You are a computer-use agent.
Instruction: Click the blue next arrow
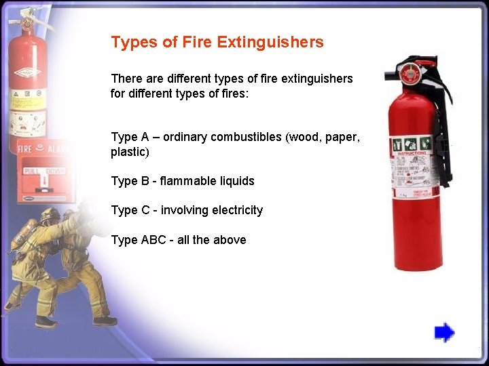[x=444, y=333]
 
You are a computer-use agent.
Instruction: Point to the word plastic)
[x=130, y=152]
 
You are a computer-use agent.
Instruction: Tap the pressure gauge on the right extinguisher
[x=410, y=73]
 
